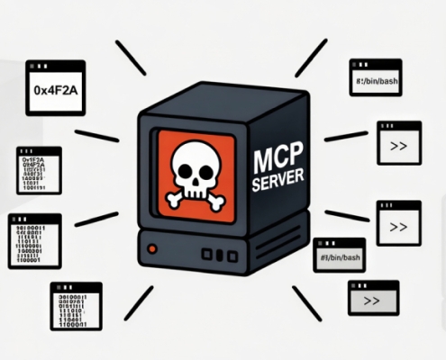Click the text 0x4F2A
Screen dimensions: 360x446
(x=55, y=91)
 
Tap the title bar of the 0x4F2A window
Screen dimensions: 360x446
(x=55, y=67)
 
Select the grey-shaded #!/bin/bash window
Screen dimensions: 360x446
(x=340, y=256)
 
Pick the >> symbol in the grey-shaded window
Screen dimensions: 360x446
(x=372, y=301)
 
